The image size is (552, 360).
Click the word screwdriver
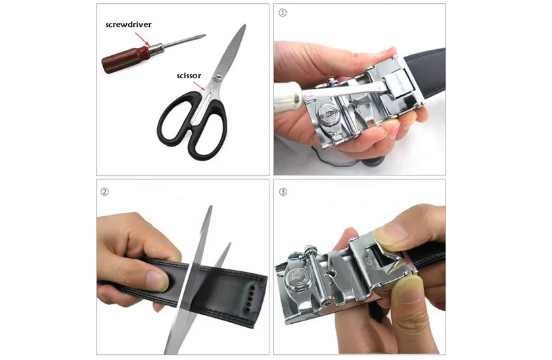(x=129, y=24)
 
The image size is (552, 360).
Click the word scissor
(x=189, y=76)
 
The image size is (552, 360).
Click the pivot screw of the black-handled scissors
(x=219, y=76)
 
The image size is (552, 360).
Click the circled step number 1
(x=283, y=12)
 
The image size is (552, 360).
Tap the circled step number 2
(x=104, y=192)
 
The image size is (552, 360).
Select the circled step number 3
(x=283, y=192)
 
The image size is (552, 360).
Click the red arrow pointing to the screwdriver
(x=142, y=39)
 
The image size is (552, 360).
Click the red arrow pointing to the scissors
(x=199, y=87)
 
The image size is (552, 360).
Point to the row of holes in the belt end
(x=250, y=298)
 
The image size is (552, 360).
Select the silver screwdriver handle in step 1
(x=288, y=97)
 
